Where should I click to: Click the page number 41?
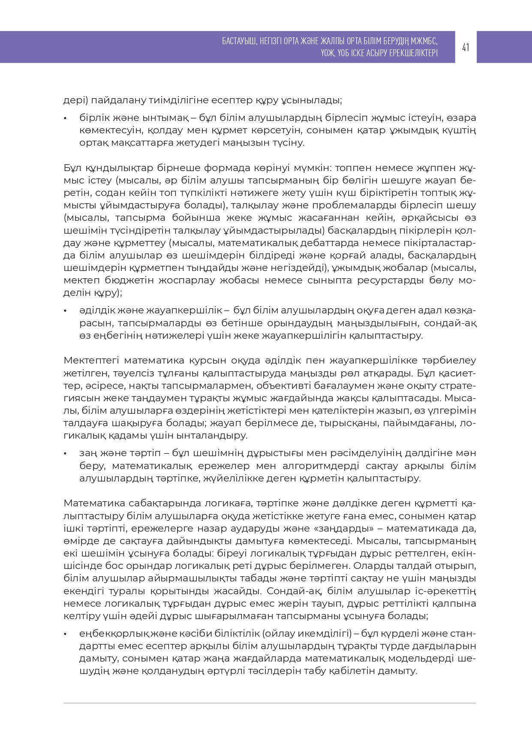pyautogui.click(x=466, y=47)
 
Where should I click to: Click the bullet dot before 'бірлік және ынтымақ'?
pyautogui.click(x=65, y=118)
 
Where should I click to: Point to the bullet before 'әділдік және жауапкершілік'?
pyautogui.click(x=65, y=310)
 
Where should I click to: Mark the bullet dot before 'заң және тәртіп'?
pyautogui.click(x=65, y=453)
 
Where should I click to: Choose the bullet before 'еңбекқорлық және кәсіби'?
pyautogui.click(x=65, y=634)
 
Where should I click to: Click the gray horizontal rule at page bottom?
pyautogui.click(x=270, y=703)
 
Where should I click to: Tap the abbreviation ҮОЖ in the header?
pyautogui.click(x=328, y=53)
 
